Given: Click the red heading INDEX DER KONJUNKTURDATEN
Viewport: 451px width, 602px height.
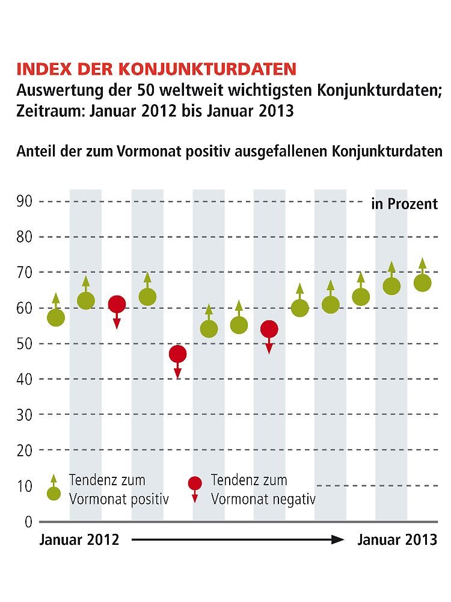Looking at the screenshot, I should pyautogui.click(x=156, y=68).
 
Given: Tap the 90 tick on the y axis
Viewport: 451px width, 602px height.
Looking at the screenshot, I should pyautogui.click(x=25, y=202).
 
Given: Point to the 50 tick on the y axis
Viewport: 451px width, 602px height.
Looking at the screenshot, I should pyautogui.click(x=25, y=344).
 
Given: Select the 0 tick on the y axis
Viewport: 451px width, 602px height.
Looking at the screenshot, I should pyautogui.click(x=28, y=521).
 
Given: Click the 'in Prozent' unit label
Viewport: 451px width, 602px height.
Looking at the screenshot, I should pyautogui.click(x=405, y=204).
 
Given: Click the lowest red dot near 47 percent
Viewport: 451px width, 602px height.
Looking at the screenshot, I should pyautogui.click(x=177, y=354).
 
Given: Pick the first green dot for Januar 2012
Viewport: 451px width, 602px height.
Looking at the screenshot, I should pyautogui.click(x=56, y=317).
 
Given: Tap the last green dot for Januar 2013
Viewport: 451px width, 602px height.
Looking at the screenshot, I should pyautogui.click(x=423, y=282).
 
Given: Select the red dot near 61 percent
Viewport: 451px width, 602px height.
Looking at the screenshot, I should pyautogui.click(x=117, y=304).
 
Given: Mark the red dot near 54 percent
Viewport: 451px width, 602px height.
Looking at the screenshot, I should pyautogui.click(x=269, y=329).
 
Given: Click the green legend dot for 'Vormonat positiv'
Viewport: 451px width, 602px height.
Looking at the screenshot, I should pyautogui.click(x=54, y=494).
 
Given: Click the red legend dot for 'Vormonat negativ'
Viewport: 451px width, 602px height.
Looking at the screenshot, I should pyautogui.click(x=195, y=483).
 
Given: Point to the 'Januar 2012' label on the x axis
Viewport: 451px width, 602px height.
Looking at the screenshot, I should pyautogui.click(x=79, y=540).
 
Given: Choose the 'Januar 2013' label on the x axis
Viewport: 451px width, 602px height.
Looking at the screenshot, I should pyautogui.click(x=397, y=540).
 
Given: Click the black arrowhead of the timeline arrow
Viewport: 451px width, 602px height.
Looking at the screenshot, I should pyautogui.click(x=338, y=540).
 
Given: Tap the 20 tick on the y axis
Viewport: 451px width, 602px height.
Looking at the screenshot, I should pyautogui.click(x=25, y=450).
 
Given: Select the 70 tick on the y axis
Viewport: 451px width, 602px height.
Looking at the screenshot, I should pyautogui.click(x=25, y=273).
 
